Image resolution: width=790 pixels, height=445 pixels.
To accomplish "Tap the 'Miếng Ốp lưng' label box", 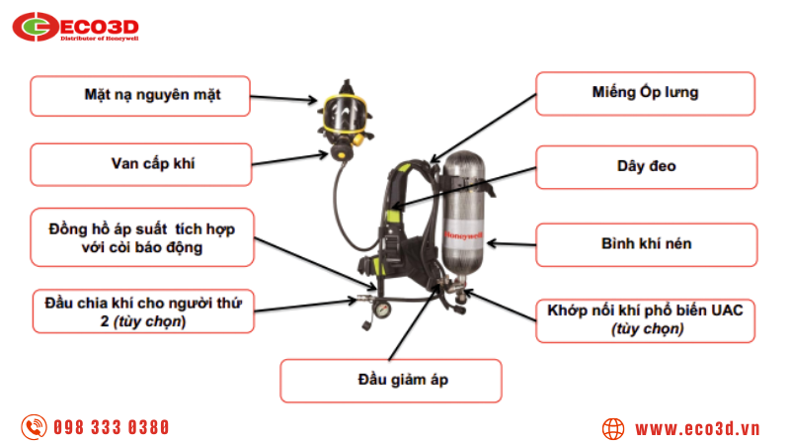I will pyautogui.click(x=646, y=93).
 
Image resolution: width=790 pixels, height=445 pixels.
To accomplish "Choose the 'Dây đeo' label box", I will pyautogui.click(x=646, y=166).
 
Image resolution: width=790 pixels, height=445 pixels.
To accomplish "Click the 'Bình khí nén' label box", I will pyautogui.click(x=646, y=243).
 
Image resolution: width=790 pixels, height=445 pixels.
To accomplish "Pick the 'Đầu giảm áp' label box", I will pyautogui.click(x=390, y=380).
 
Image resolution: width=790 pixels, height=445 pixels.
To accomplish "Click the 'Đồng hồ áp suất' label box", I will pyautogui.click(x=139, y=237).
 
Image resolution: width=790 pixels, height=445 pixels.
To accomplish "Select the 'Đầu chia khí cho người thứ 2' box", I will pyautogui.click(x=137, y=311).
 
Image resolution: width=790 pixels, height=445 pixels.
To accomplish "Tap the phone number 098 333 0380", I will pyautogui.click(x=111, y=427).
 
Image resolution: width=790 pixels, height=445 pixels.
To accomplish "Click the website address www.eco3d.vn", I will pyautogui.click(x=696, y=428).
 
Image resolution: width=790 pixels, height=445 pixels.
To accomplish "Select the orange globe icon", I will pyautogui.click(x=613, y=428).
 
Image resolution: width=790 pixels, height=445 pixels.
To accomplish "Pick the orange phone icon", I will pyautogui.click(x=36, y=427).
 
